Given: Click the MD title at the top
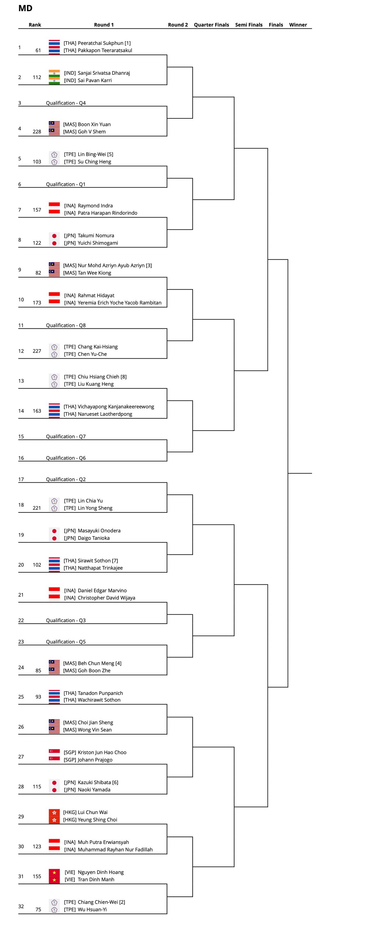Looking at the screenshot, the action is [x=25, y=8].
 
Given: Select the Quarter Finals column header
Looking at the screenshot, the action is [x=211, y=25].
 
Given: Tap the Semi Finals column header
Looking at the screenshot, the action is [x=249, y=25].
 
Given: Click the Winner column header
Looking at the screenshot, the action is [x=298, y=25].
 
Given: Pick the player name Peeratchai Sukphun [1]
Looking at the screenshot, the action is [x=104, y=43].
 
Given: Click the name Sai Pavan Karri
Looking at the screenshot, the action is [x=95, y=80].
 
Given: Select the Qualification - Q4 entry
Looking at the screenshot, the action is [x=66, y=103].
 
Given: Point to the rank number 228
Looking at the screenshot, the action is [x=37, y=131].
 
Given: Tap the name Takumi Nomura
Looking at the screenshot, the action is [x=96, y=235].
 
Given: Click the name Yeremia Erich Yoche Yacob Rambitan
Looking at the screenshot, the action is [x=119, y=303].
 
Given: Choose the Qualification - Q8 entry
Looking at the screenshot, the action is [x=66, y=325].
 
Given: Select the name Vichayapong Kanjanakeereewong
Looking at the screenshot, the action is [x=116, y=407].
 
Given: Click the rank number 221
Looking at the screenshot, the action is [x=37, y=508].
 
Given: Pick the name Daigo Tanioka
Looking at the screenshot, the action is [x=94, y=538].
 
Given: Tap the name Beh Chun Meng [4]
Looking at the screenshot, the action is [x=99, y=663].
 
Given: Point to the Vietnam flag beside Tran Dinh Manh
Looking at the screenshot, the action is [x=54, y=880].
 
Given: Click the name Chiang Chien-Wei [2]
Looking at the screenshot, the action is [x=101, y=902].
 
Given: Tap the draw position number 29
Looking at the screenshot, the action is [x=21, y=816].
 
